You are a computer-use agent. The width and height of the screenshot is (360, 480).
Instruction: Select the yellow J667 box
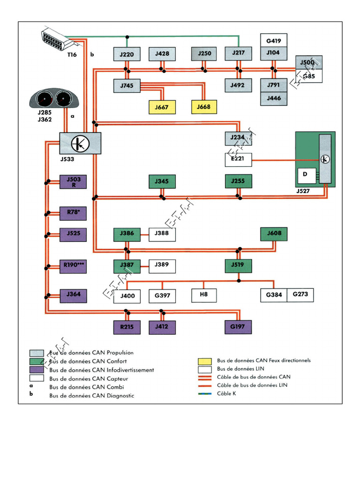coord(162,107)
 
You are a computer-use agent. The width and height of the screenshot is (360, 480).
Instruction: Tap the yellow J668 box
coord(204,107)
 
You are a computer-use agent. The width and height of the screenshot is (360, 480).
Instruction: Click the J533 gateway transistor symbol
coord(80,142)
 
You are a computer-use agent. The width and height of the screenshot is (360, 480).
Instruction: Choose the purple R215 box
coord(127,327)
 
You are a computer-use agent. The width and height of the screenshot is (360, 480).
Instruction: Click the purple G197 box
coord(238,327)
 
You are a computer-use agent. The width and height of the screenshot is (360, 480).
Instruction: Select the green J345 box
coord(162,181)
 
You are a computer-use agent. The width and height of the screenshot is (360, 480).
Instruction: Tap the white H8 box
coord(204,295)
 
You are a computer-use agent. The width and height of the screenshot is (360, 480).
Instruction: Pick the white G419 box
coord(274,40)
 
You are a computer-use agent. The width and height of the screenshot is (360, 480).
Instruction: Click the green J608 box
coord(274,233)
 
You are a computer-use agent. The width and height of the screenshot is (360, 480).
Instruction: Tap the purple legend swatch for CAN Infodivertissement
coord(37,370)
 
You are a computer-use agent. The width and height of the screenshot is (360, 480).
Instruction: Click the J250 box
coord(204,54)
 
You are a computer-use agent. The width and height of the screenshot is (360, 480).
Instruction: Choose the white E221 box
coord(238,160)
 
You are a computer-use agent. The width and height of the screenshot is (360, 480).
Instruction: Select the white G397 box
coord(162,296)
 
